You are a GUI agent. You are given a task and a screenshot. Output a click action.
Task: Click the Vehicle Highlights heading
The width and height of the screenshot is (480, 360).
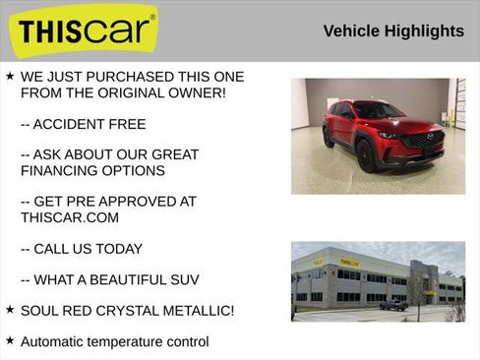tap(393, 31)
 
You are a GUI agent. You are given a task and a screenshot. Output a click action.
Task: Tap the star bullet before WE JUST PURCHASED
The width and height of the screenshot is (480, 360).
tap(9, 76)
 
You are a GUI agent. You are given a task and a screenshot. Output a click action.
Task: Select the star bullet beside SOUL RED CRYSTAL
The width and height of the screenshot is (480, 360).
tap(9, 310)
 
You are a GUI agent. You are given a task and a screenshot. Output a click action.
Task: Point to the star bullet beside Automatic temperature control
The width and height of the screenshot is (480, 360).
tap(9, 340)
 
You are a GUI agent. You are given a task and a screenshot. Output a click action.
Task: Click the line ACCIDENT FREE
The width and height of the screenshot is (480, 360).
tap(83, 124)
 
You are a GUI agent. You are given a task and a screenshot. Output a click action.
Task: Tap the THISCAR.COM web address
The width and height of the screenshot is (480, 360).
tap(69, 217)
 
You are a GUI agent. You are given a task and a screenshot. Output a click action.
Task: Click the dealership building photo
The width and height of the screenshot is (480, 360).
tap(378, 281)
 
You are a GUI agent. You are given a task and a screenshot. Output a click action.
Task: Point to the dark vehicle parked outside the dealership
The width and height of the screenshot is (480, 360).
tap(393, 305)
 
